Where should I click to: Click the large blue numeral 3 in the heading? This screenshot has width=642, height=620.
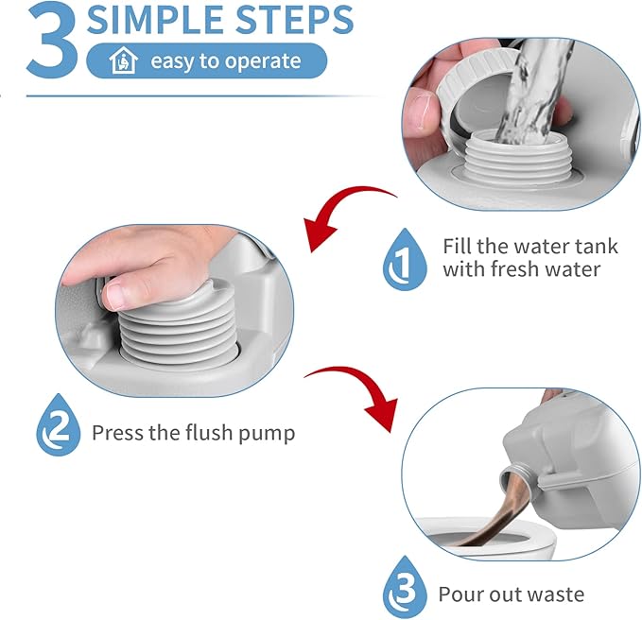[52, 41]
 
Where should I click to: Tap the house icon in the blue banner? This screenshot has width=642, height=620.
[123, 60]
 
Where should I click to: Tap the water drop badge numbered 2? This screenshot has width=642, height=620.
[59, 424]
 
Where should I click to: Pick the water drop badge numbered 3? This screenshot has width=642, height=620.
[405, 587]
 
